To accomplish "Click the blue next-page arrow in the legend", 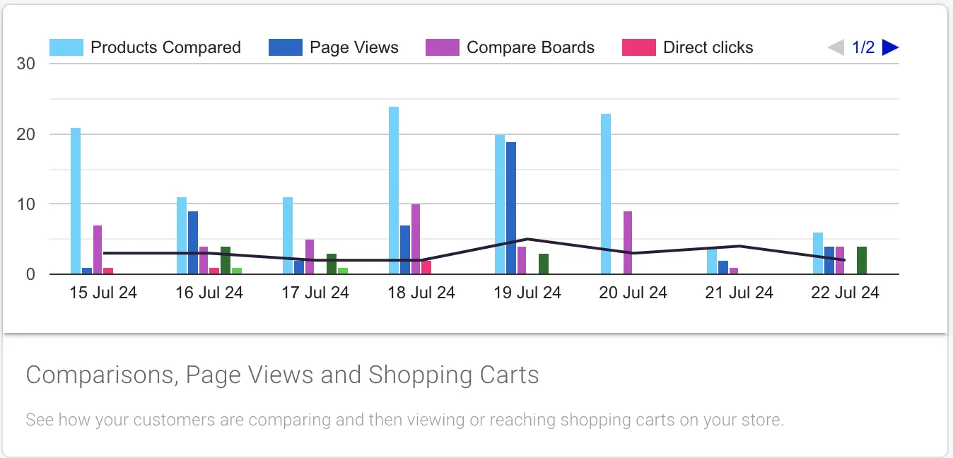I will [891, 47].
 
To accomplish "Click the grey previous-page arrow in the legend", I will [836, 47].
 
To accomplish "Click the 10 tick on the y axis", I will [27, 204].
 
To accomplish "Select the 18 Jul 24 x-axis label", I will [421, 293].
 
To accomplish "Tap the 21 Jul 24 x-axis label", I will [739, 293].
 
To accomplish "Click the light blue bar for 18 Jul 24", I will [394, 190].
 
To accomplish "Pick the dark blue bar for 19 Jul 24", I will [511, 208].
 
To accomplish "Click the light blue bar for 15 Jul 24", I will [76, 201].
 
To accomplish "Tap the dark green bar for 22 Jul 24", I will [862, 260].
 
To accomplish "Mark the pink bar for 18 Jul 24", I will [426, 267].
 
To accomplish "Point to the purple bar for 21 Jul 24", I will [735, 271].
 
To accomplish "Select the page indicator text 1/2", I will [863, 47].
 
